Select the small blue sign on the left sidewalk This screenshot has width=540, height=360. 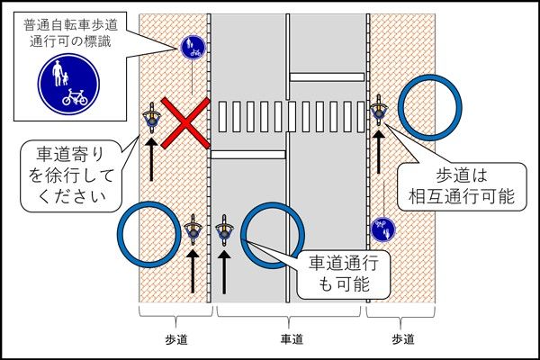[191, 46]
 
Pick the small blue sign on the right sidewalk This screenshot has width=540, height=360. [383, 229]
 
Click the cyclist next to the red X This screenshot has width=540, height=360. [152, 116]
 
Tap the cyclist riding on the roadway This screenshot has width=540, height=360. [225, 230]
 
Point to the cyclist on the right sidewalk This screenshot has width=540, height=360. [381, 111]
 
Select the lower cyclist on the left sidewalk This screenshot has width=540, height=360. [193, 230]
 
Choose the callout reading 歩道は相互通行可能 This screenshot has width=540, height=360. [473, 185]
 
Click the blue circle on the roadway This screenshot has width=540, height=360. [271, 236]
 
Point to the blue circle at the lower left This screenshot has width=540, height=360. [149, 236]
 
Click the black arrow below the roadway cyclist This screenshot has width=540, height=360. [225, 270]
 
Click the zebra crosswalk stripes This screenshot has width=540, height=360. [290, 116]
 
